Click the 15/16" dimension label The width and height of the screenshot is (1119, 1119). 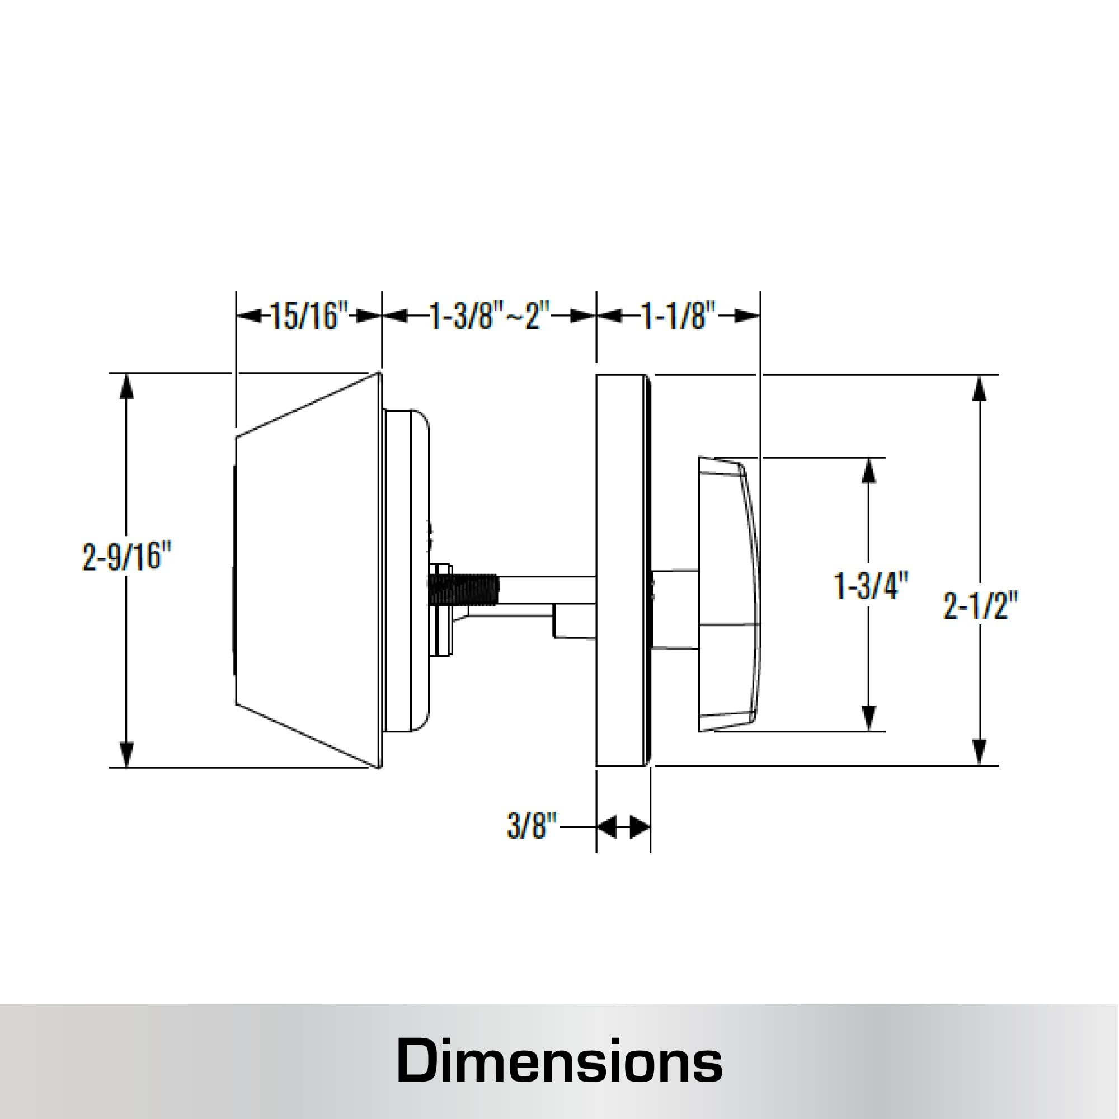point(309,316)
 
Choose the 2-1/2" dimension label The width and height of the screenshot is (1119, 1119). point(980,606)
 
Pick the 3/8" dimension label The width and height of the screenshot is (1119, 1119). point(531,825)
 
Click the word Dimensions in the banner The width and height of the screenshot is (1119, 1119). point(559,1060)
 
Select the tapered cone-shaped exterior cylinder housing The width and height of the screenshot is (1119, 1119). point(307,571)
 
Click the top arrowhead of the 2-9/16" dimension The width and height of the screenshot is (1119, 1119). point(127,386)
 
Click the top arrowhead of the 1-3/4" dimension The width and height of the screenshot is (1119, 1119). point(869,471)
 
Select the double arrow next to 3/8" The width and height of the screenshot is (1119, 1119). point(623,826)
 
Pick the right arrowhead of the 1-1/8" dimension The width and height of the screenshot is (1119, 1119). point(747,316)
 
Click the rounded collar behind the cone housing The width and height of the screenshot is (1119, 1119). point(408,571)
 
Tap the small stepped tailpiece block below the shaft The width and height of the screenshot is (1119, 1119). point(573,621)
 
